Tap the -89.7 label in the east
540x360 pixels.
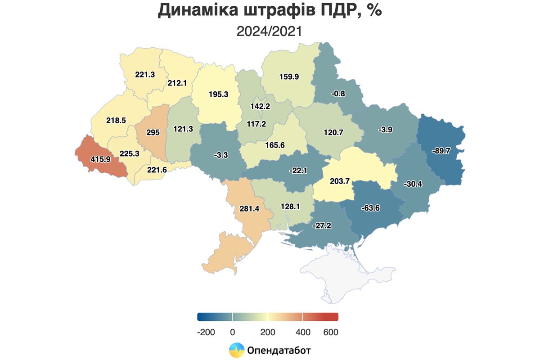pos(441,151)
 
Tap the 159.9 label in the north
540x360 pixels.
pos(289,77)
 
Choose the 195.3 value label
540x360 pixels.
pos(219,94)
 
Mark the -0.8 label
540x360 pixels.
pos(337,94)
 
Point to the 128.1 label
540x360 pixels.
pos(289,206)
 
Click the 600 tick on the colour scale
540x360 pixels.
pos(330,332)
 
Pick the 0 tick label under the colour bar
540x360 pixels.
pos(232,332)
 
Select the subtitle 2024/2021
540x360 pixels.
pos(269,31)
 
